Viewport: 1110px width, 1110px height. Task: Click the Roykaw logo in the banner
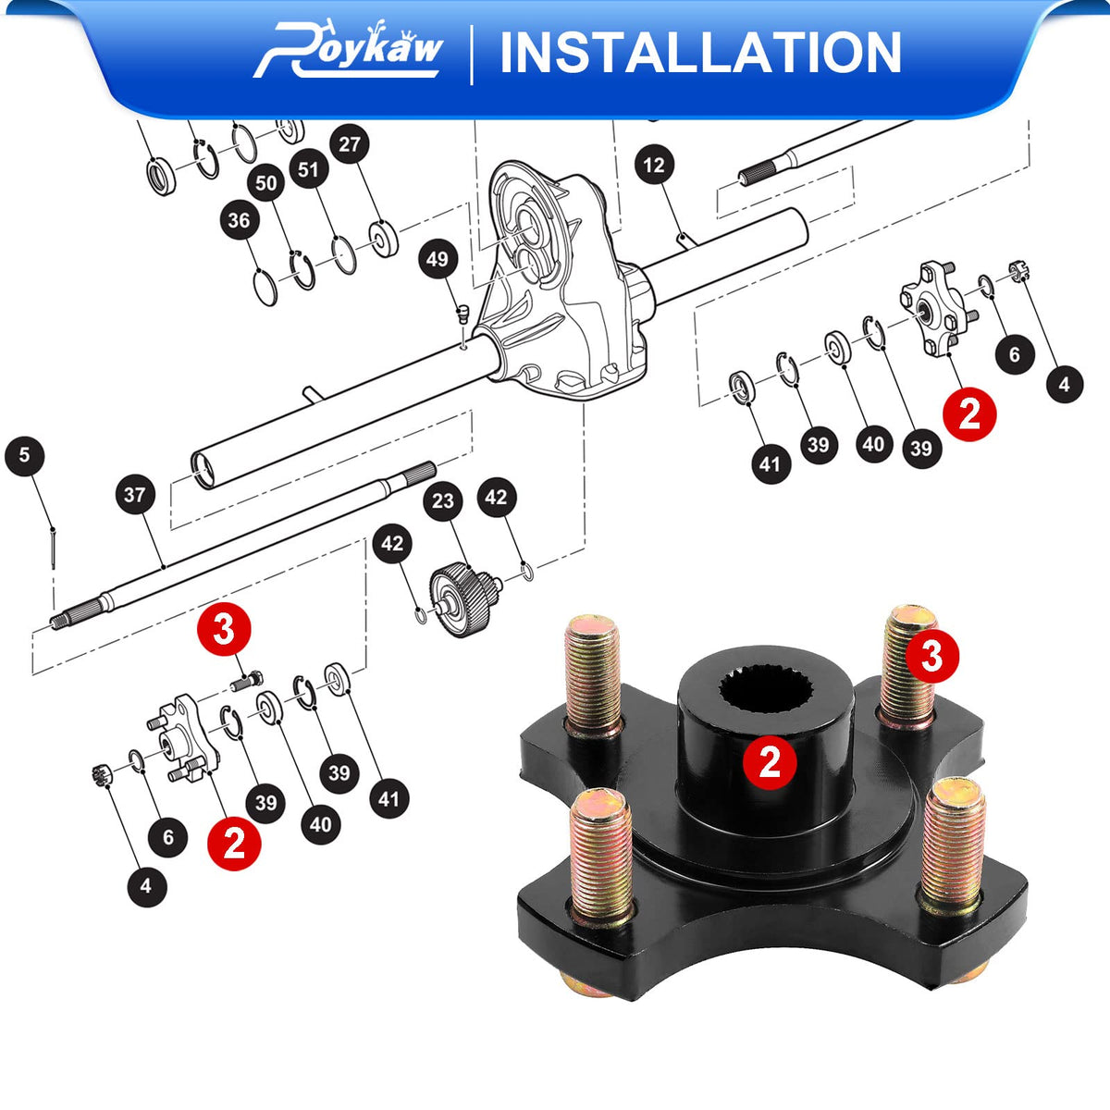click(349, 51)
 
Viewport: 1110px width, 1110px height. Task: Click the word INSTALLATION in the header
click(700, 53)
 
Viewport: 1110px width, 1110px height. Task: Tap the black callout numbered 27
click(350, 144)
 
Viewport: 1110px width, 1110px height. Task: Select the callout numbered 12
click(654, 166)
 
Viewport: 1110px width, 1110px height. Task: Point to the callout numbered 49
click(438, 259)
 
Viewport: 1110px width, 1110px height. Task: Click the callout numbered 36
click(240, 220)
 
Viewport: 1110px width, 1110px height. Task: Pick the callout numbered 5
click(24, 455)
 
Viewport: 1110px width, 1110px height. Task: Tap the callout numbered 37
click(135, 494)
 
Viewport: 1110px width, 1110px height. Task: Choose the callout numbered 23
click(443, 500)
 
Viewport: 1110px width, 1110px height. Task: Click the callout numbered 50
click(266, 183)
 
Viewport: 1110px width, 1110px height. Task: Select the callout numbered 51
click(309, 169)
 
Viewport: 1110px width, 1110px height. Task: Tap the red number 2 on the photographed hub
click(770, 763)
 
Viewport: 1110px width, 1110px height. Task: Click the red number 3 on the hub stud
click(932, 656)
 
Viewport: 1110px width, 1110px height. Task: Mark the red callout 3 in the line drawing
click(224, 629)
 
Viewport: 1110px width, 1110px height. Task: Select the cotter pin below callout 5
click(53, 549)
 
